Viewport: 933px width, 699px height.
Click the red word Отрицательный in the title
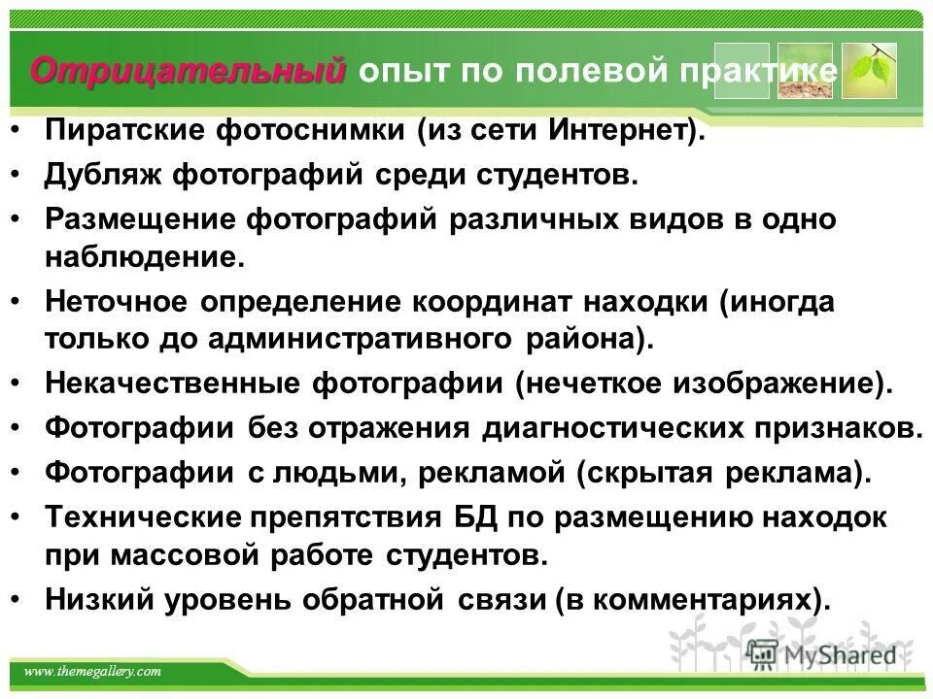point(188,71)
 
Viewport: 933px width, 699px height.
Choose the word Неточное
point(115,301)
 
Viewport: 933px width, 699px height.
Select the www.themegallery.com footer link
point(91,672)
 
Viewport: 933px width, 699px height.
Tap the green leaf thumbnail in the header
point(868,71)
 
